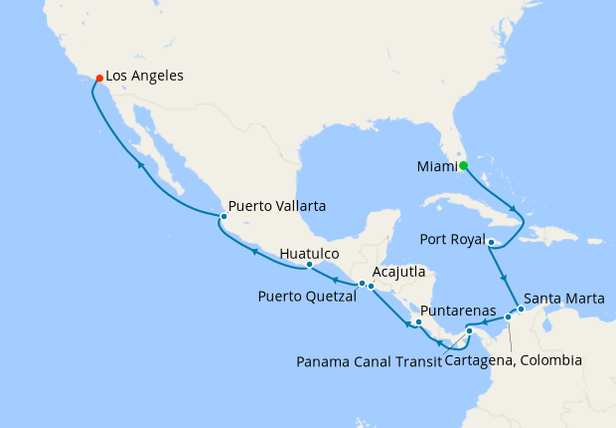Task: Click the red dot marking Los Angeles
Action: pos(97,77)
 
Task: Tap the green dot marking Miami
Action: pos(462,166)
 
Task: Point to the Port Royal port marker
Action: pos(492,241)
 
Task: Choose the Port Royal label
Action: pos(452,240)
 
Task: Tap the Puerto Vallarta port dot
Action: pos(224,216)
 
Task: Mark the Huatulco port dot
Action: pos(309,265)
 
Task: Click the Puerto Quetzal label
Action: pos(307,296)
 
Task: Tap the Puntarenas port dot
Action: pos(419,322)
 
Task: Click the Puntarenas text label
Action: pos(458,311)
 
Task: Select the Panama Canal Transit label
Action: pos(369,360)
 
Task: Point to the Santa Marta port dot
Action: pos(521,309)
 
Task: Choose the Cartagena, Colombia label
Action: pos(513,359)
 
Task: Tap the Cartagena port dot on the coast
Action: pos(508,317)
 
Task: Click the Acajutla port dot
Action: pos(371,287)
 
